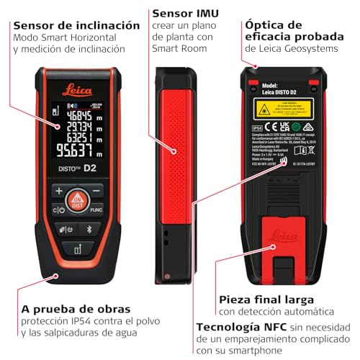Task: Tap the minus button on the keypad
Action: click(x=95, y=191)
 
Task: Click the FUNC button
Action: click(x=96, y=210)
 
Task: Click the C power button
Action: click(x=58, y=210)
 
